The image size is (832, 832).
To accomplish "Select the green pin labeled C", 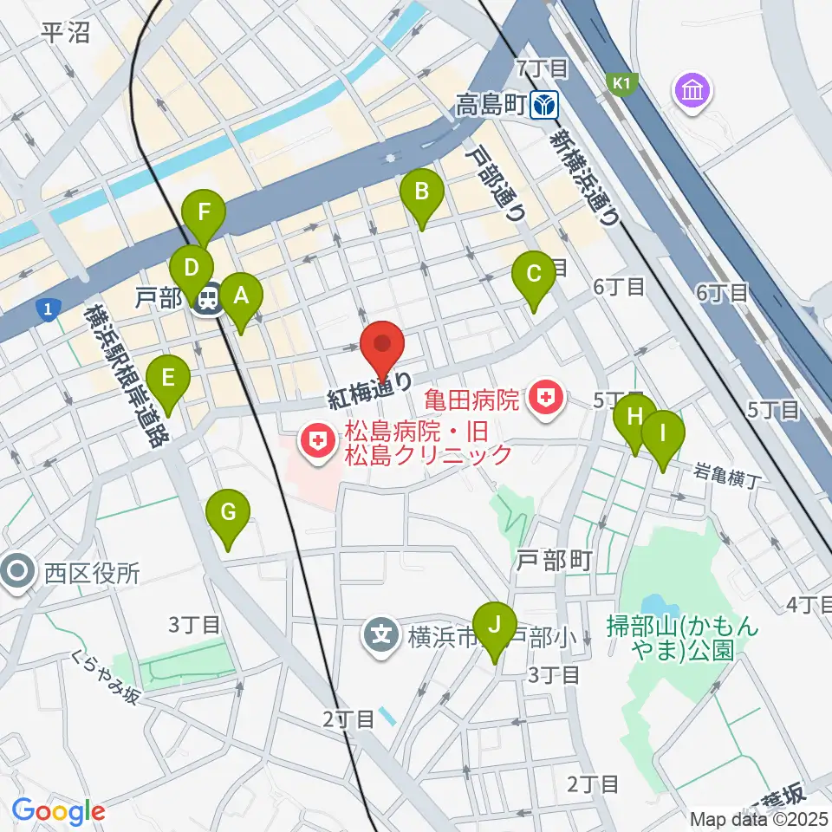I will click(534, 276).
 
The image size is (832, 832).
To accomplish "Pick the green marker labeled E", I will click(168, 380).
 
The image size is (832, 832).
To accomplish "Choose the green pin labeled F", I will click(205, 213).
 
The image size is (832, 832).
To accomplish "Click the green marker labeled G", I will click(228, 514).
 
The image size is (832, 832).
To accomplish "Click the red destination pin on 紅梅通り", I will click(381, 345).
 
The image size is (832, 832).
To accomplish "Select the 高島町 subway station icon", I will click(546, 106).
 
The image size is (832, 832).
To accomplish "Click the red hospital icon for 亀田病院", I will click(546, 399).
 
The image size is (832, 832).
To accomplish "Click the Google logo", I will click(59, 811).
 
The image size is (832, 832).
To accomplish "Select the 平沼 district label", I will click(66, 33).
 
